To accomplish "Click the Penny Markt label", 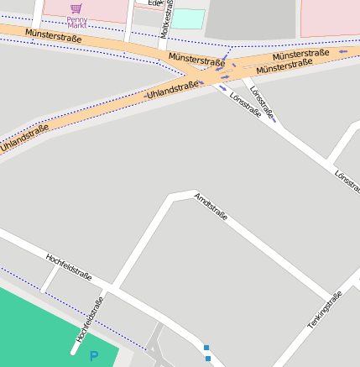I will coord(76,21).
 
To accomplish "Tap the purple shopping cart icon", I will coord(76,8).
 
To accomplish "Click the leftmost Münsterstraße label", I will coord(54,36).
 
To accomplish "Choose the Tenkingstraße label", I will coord(325,309).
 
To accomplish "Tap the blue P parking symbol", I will coord(94,356).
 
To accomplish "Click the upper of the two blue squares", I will coord(206,347).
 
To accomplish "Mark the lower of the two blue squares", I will coord(208,359).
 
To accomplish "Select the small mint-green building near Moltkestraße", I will coord(188,18).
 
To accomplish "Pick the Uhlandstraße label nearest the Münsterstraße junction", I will coord(173,89).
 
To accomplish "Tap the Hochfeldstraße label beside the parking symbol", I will coord(90,318).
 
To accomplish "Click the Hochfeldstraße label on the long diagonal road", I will coord(68,265).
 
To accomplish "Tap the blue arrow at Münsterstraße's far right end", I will coord(342,52).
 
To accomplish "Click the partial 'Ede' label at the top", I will coord(154,3).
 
